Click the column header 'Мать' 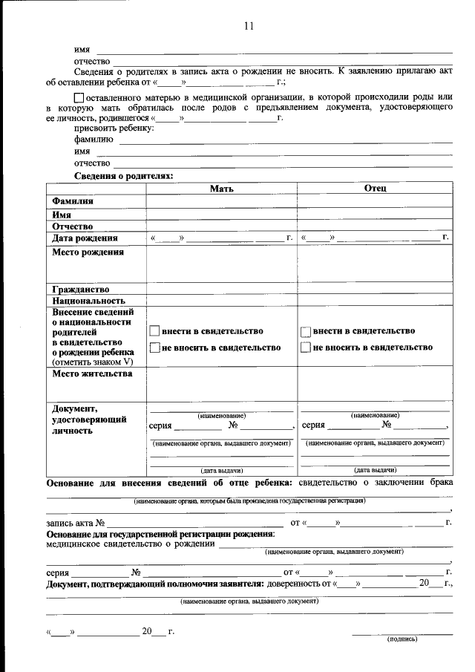[x=221, y=189]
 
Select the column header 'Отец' [x=375, y=189]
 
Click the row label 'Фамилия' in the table [x=73, y=201]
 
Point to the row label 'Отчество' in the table [x=72, y=226]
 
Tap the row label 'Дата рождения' [x=85, y=238]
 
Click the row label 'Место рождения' [x=88, y=252]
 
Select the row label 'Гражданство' [x=81, y=289]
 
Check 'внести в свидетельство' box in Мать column [x=155, y=331]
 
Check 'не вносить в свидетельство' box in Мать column [x=155, y=348]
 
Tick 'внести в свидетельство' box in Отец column [x=306, y=331]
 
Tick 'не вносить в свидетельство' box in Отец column [x=306, y=348]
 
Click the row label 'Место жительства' [x=92, y=373]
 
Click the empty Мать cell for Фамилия [x=221, y=201]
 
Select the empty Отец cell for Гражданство [x=375, y=289]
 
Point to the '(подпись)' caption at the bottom [x=402, y=639]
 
